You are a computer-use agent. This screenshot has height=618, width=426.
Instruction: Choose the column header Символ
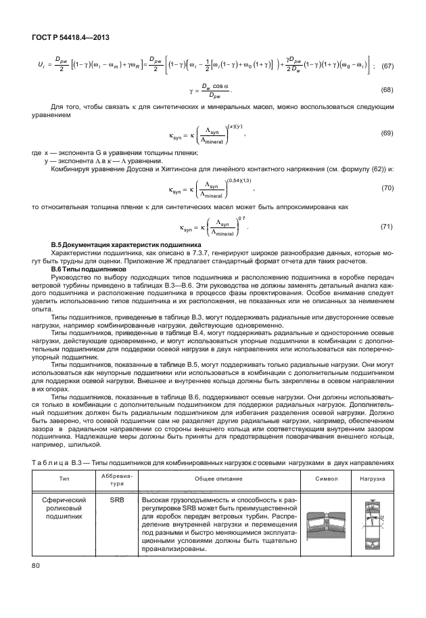[x=324, y=478]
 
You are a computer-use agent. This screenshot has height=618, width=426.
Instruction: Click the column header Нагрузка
[x=373, y=478]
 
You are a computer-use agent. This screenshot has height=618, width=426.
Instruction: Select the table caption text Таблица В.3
[x=61, y=462]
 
